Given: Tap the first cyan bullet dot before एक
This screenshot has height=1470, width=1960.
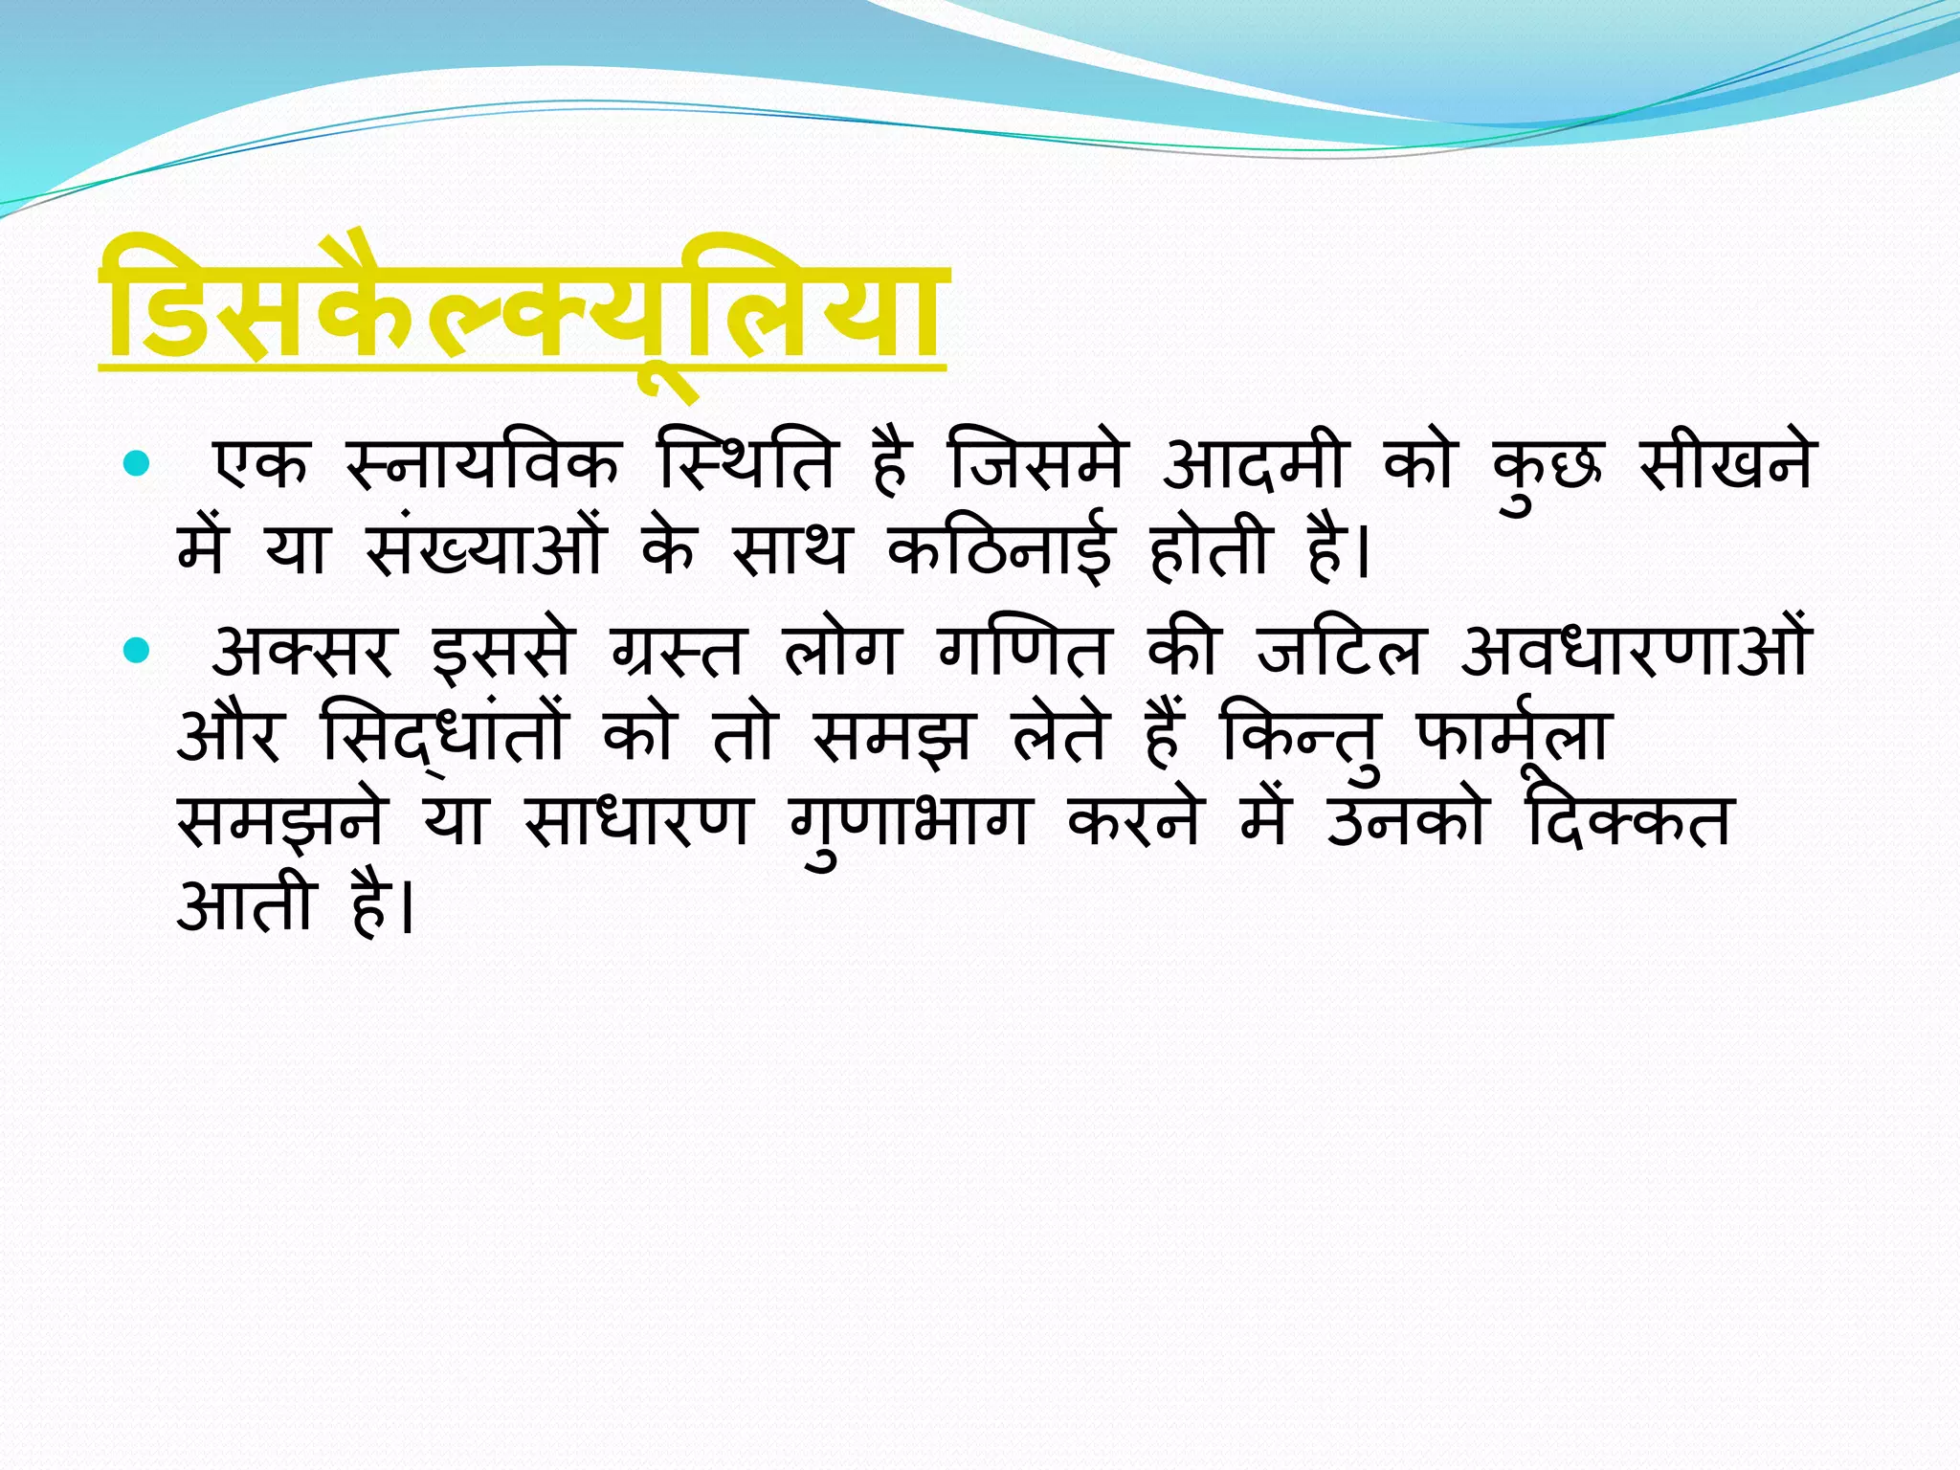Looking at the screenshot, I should tap(138, 465).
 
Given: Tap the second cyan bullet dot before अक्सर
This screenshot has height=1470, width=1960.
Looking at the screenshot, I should tap(138, 652).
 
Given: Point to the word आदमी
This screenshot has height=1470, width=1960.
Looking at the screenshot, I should tap(1255, 465).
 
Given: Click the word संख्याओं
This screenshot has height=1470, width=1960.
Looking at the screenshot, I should tap(485, 549).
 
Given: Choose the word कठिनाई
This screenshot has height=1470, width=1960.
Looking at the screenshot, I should tap(1001, 549).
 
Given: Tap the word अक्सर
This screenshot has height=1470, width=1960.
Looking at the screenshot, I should tap(302, 652).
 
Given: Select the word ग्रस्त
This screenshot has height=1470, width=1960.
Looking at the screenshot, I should tap(677, 652).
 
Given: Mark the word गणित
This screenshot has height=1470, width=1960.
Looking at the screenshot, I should tap(1023, 652).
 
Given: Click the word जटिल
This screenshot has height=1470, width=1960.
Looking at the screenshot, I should tap(1339, 652).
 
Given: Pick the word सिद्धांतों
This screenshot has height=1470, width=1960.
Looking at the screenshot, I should tap(446, 737).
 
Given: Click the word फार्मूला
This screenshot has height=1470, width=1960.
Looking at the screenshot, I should tap(1513, 737).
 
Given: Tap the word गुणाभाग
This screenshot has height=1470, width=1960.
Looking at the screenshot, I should tap(909, 823).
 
